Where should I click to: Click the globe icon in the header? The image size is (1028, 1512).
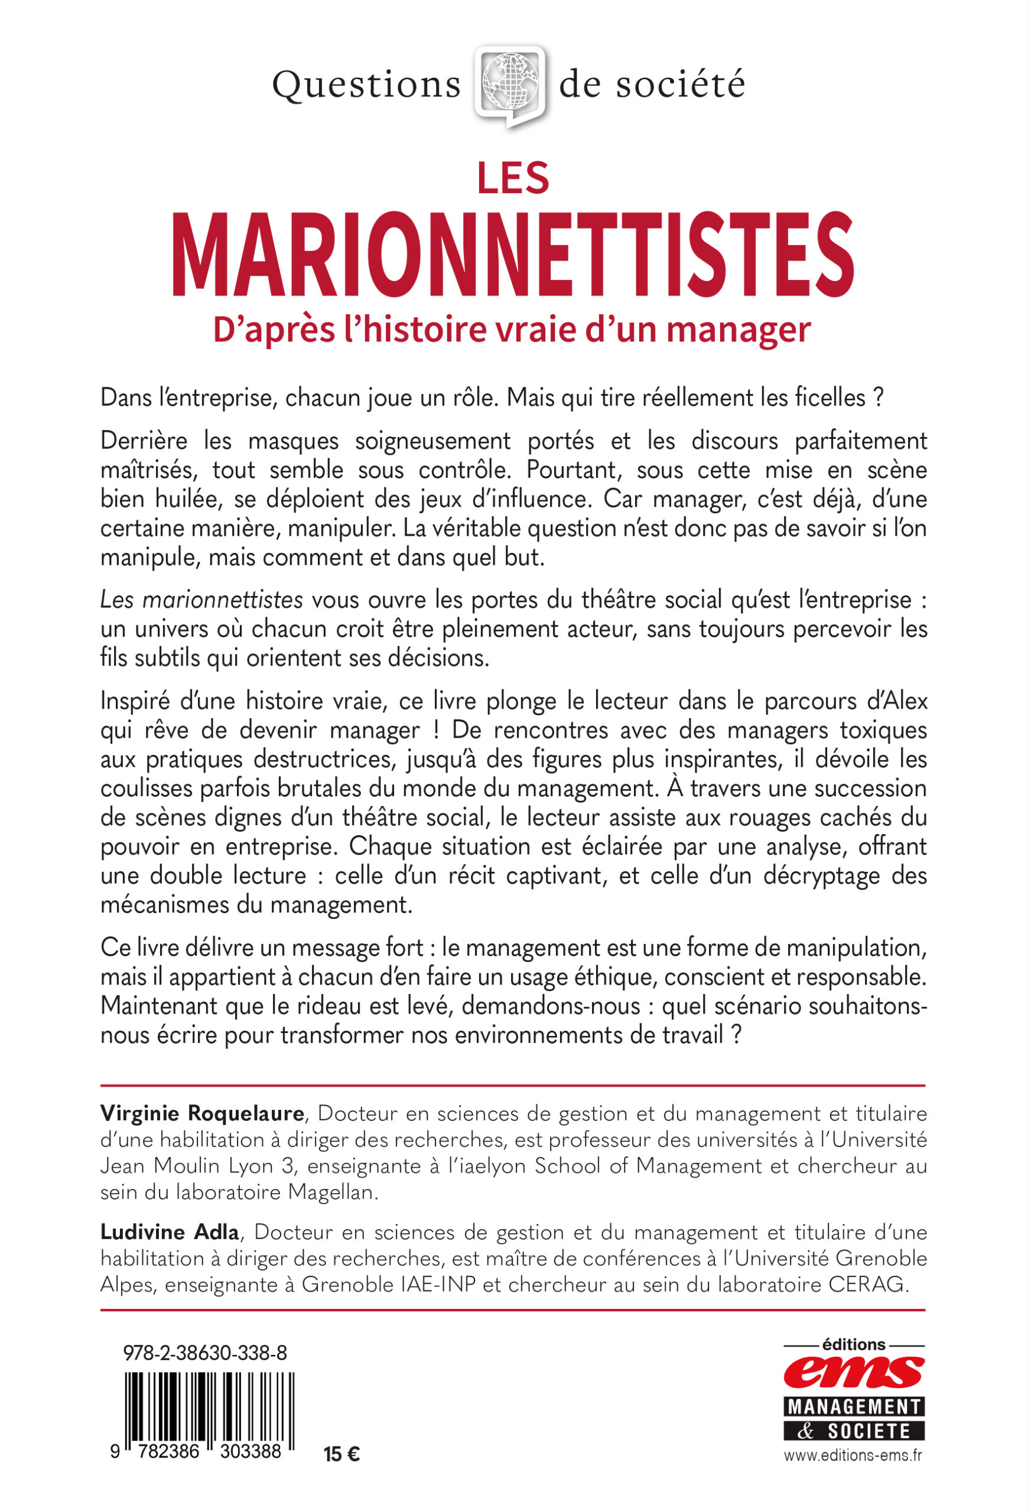[x=509, y=84]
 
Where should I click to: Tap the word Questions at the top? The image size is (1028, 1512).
[x=366, y=85]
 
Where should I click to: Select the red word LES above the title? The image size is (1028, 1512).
[x=513, y=178]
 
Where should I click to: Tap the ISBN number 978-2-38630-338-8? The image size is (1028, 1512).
[x=205, y=1354]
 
